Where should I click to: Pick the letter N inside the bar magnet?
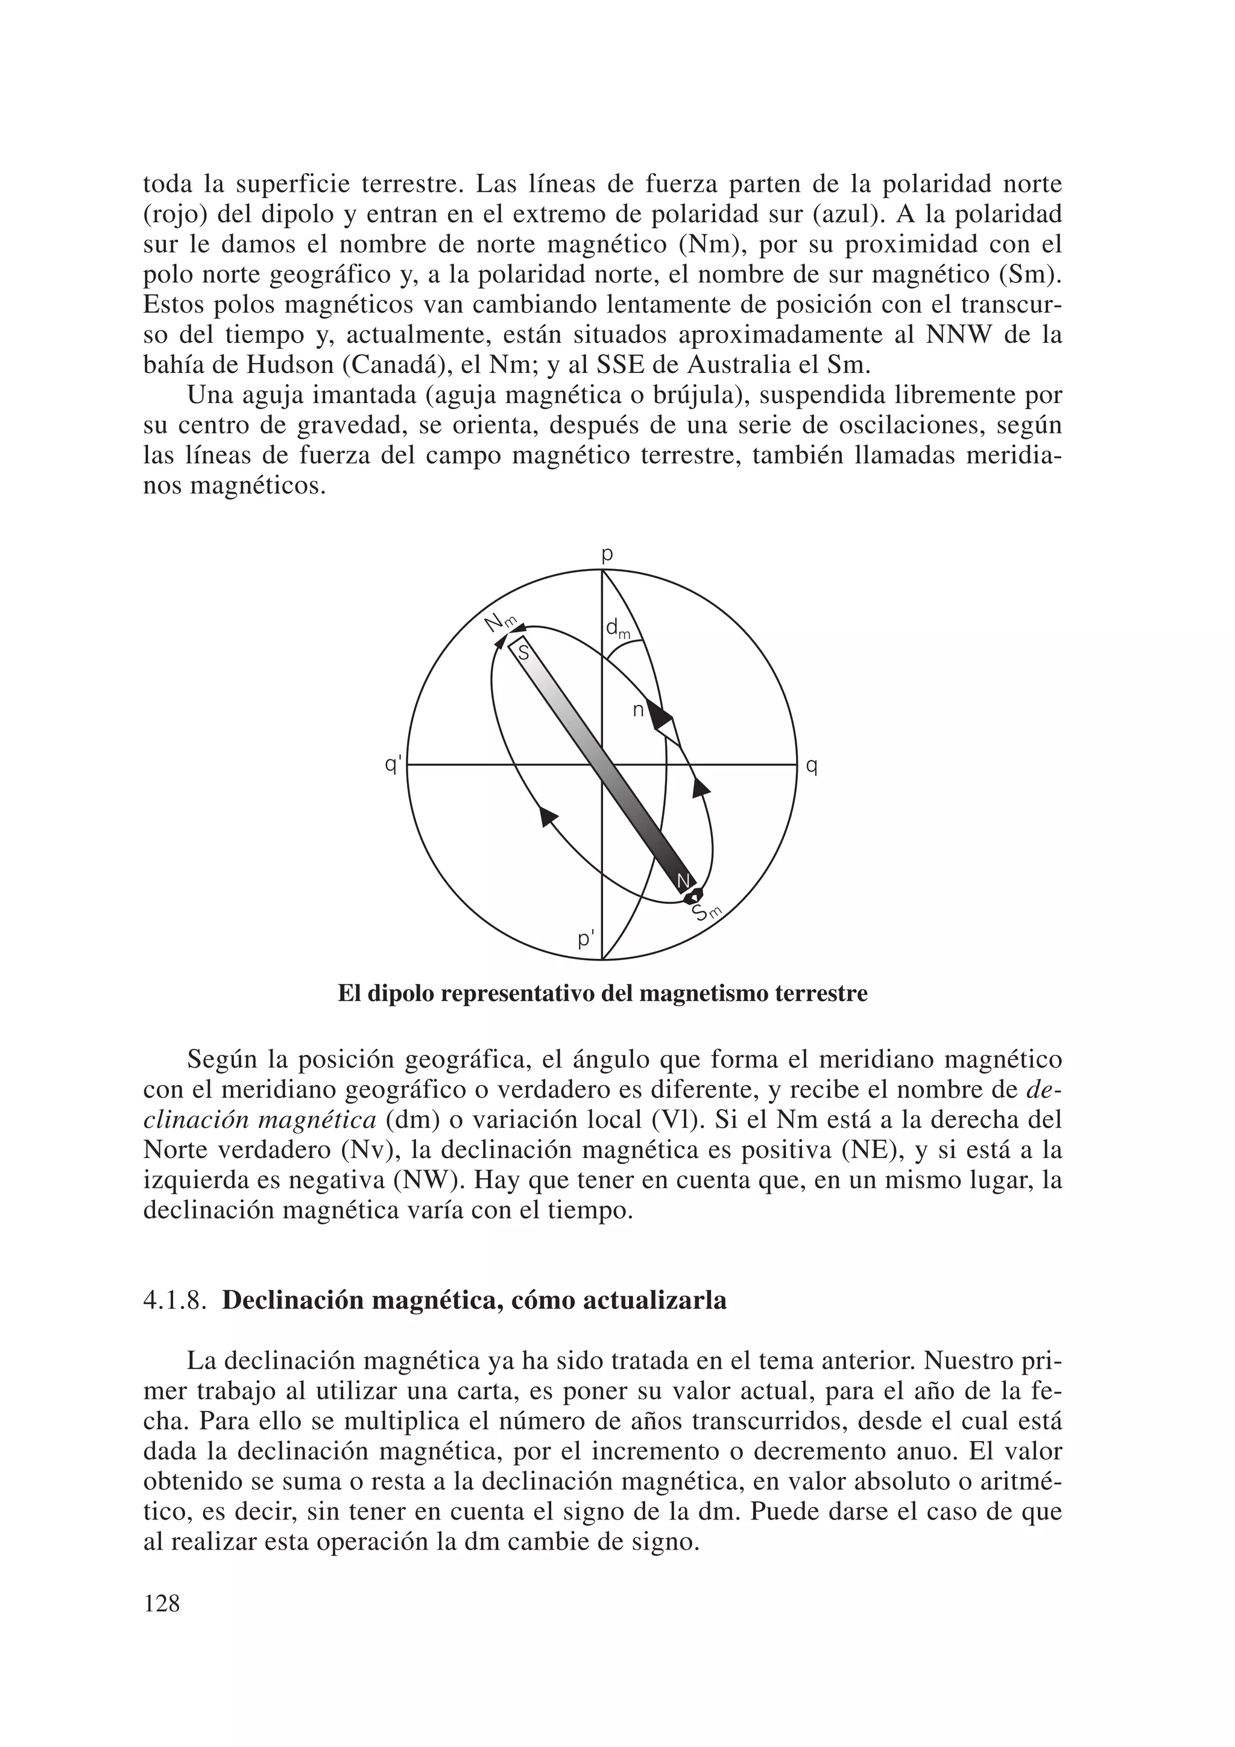[x=683, y=880]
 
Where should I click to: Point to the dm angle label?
[x=617, y=628]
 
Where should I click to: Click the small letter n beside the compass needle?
[x=638, y=711]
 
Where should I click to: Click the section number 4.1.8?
[x=175, y=1300]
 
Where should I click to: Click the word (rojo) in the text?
[x=177, y=215]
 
